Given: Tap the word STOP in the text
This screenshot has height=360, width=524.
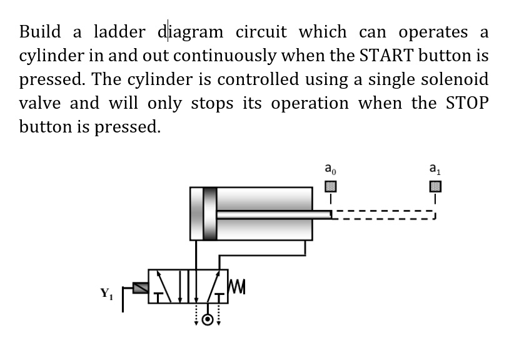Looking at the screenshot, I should point(465,103).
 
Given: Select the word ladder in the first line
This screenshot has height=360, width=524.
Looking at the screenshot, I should point(119,31).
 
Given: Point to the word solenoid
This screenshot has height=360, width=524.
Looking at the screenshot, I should point(453,79).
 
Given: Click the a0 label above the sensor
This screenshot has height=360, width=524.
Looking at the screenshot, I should point(330,168).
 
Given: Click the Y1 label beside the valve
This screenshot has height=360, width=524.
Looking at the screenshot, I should point(106,292).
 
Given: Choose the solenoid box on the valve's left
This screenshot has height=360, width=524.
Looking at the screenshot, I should point(141,287).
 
